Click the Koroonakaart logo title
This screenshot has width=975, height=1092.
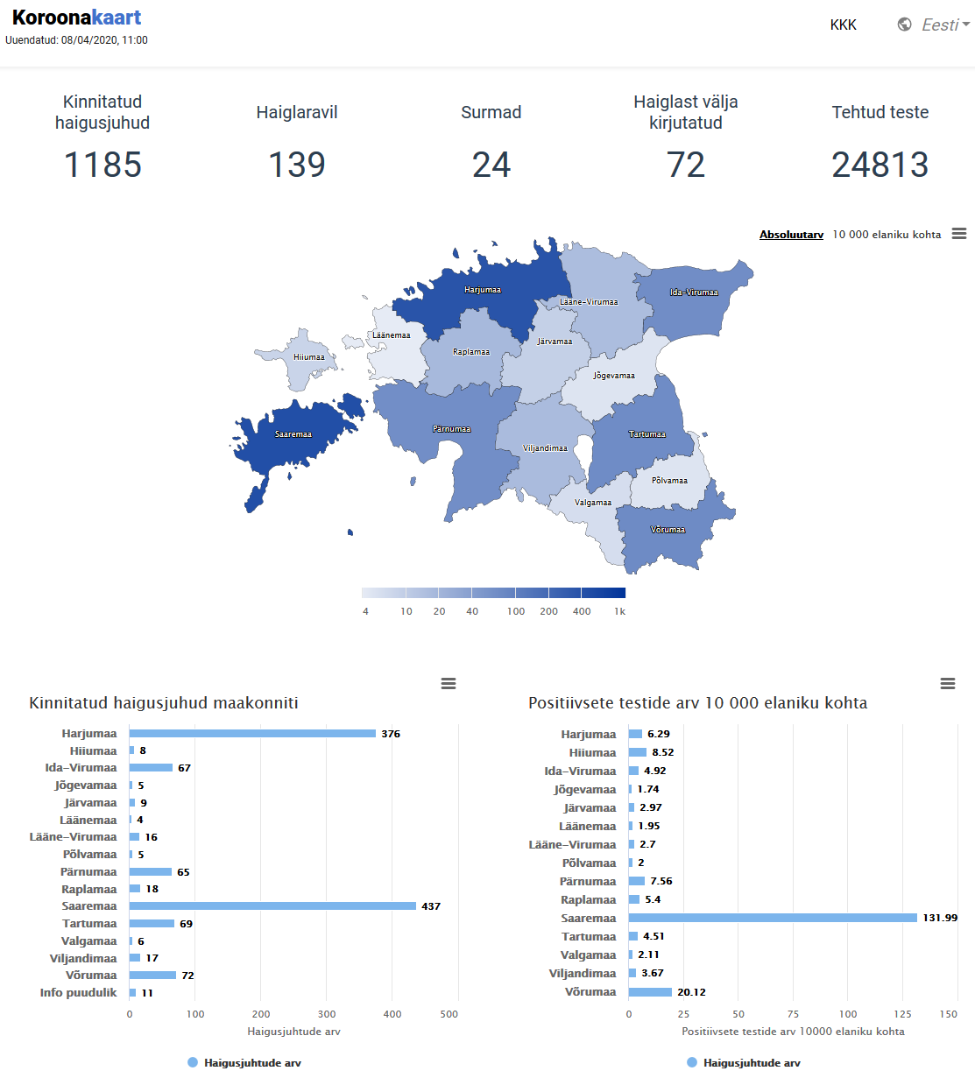pos(76,18)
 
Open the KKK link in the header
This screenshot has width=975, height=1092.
pos(843,25)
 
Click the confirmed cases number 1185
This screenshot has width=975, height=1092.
pos(102,165)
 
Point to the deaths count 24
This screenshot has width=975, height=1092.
pos(491,165)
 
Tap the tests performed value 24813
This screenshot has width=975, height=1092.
pos(880,165)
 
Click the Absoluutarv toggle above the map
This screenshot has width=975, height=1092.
pos(791,235)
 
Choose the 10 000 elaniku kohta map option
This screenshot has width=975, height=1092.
pos(887,235)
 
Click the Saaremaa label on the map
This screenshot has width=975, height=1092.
pos(293,434)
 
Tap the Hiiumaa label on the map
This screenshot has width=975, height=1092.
pos(309,357)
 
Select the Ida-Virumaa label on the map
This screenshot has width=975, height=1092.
pos(694,292)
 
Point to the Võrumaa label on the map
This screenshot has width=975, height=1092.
pos(668,530)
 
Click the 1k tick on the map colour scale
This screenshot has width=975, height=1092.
pos(619,611)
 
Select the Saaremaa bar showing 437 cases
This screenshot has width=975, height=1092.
pos(272,906)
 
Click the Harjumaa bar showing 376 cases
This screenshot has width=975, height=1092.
pos(252,734)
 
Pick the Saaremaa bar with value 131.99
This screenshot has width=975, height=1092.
pos(773,918)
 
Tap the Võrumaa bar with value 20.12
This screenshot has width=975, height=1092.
pos(650,992)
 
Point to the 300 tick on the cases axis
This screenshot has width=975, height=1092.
pos(327,1014)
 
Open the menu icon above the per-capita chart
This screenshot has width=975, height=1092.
pos(947,683)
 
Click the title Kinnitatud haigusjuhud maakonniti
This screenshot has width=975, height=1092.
pos(164,703)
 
